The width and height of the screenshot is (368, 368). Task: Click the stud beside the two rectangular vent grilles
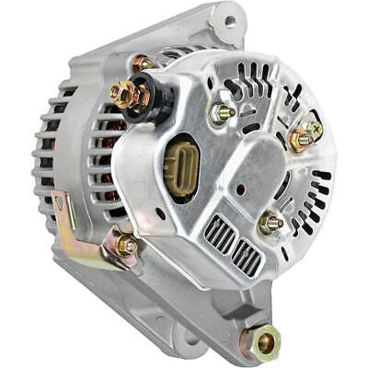pyautogui.click(x=270, y=223)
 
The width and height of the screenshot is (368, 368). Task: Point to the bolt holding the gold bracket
pyautogui.click(x=127, y=245)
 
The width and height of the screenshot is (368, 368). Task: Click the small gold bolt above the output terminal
pyautogui.click(x=140, y=63)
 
